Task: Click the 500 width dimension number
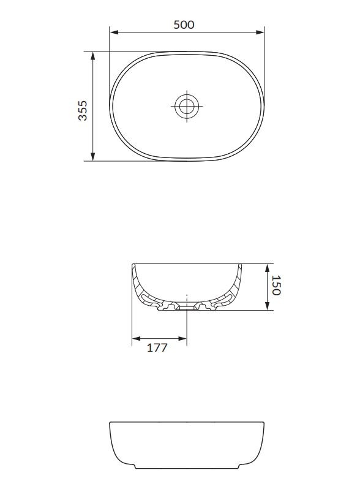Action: (x=184, y=25)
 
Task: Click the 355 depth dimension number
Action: (x=83, y=110)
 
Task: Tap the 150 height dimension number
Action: (x=276, y=286)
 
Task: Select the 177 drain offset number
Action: (x=157, y=347)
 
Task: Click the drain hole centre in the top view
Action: (x=187, y=106)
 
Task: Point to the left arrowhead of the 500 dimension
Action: (x=114, y=32)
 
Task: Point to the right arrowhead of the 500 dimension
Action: (x=260, y=32)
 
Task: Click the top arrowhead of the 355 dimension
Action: (x=92, y=56)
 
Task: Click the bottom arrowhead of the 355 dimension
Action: (x=92, y=157)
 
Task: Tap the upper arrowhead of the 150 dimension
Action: (x=267, y=268)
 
